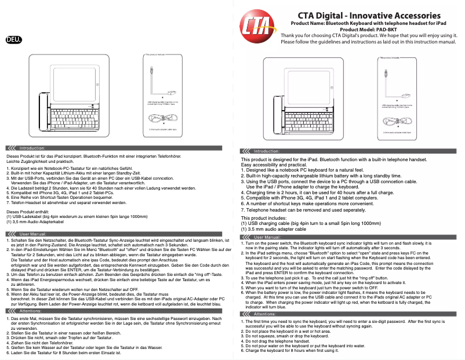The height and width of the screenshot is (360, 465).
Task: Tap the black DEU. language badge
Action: click(x=14, y=40)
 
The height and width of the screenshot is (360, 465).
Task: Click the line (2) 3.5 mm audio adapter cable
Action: click(x=273, y=229)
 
